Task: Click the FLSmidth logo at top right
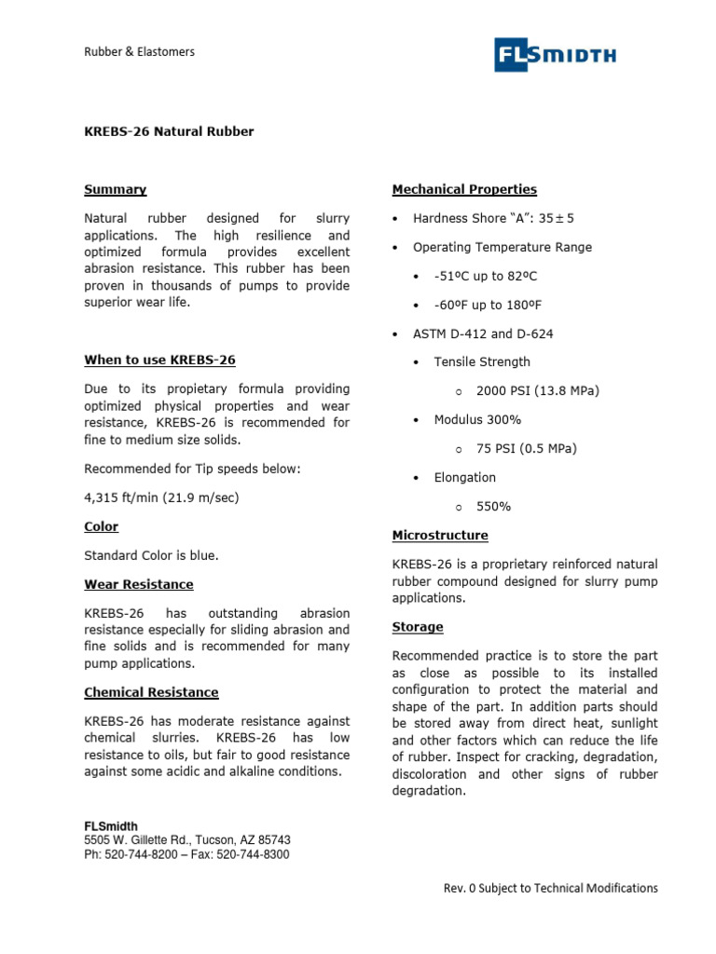click(x=555, y=56)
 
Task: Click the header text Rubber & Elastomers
click(x=139, y=52)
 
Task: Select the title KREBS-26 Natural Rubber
click(x=169, y=131)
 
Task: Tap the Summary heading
click(x=115, y=189)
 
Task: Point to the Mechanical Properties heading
click(x=464, y=189)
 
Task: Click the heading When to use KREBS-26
click(x=166, y=360)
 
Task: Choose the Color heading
click(x=101, y=526)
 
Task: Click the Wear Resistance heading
click(x=139, y=584)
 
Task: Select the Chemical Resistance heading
click(x=151, y=692)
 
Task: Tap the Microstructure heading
click(x=440, y=536)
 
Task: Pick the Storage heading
click(x=418, y=627)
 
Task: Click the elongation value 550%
click(x=493, y=507)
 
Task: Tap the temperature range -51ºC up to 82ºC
click(x=485, y=277)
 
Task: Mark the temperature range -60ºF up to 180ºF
click(x=489, y=305)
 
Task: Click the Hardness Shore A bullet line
click(x=493, y=218)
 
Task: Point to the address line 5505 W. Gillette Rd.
click(x=186, y=840)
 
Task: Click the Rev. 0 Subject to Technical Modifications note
click(x=550, y=889)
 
